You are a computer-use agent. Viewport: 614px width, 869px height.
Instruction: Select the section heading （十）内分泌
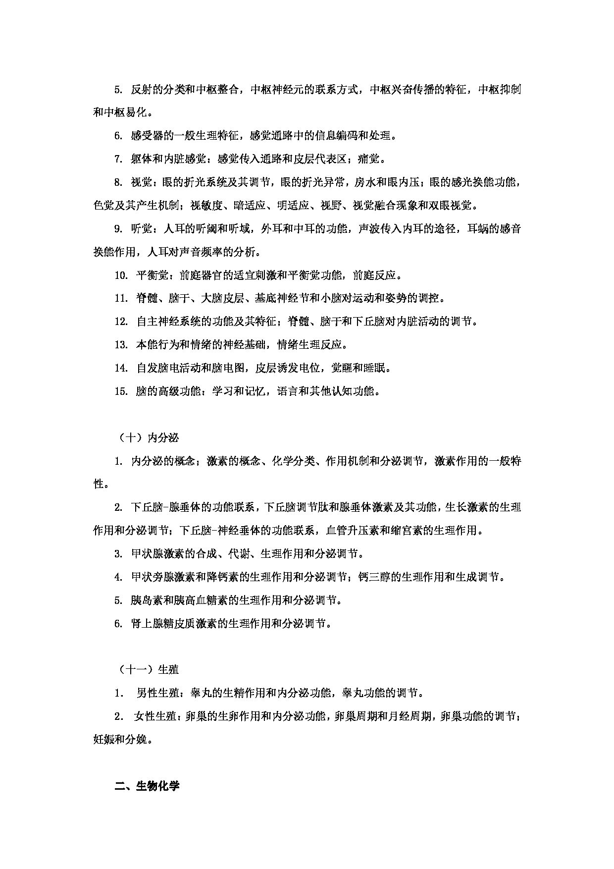tap(148, 437)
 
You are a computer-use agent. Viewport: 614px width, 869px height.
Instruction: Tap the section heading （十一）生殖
tap(148, 670)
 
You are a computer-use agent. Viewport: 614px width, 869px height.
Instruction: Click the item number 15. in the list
tap(121, 391)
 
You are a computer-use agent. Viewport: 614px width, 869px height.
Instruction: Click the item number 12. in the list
tap(121, 322)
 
